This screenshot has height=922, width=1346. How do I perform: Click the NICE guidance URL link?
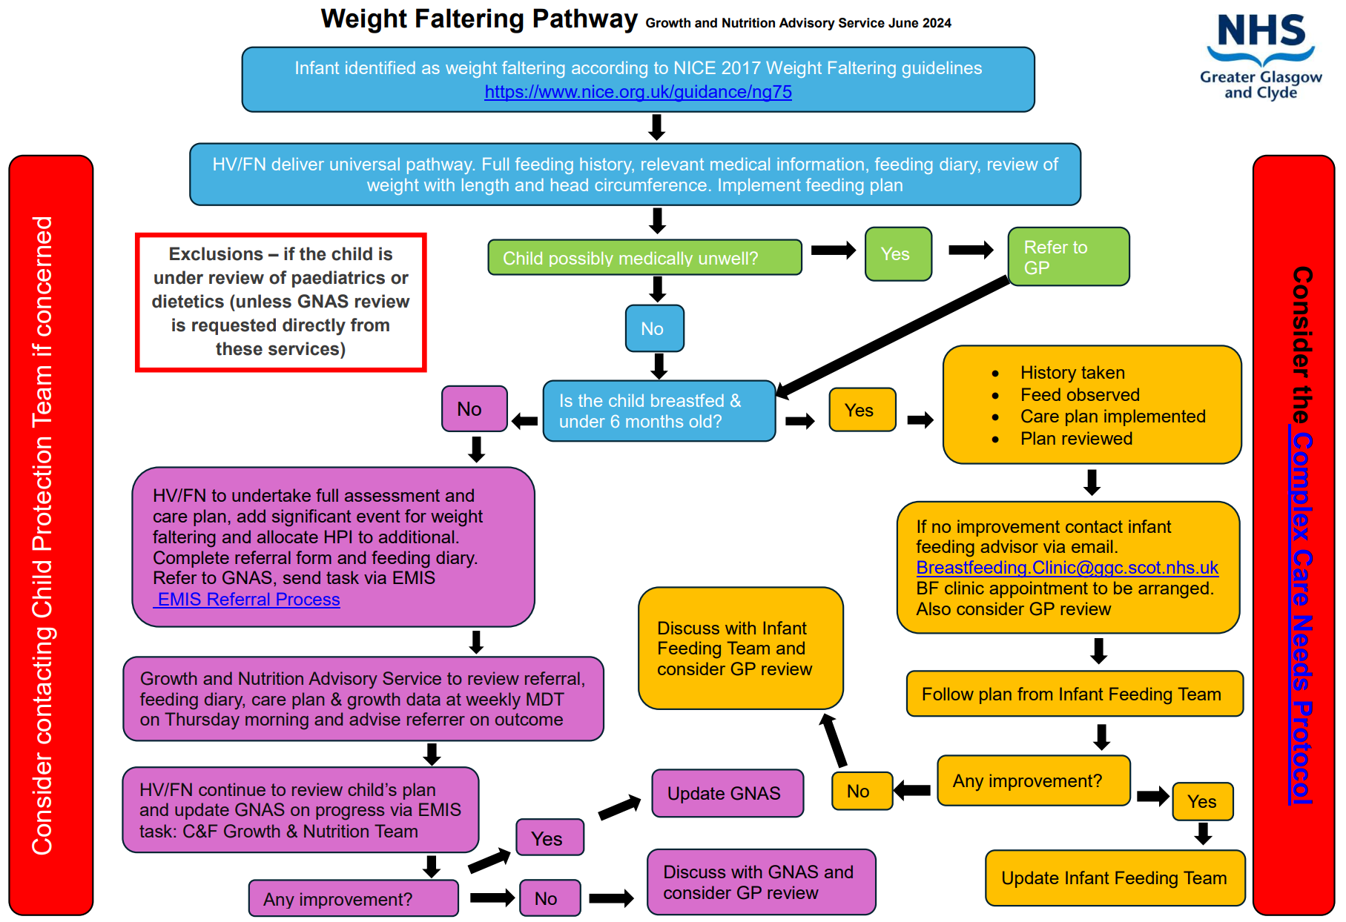638,92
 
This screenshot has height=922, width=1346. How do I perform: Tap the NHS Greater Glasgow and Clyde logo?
1261,56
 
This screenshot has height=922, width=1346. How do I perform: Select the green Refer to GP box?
1068,256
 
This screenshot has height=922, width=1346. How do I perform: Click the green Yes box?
897,254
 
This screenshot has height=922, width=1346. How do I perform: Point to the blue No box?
653,328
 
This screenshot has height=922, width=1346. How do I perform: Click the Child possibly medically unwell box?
644,258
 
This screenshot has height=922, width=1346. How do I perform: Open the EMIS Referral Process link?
248,600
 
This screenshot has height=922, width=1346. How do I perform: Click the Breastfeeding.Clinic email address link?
1066,568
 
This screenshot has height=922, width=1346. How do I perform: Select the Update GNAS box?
727,793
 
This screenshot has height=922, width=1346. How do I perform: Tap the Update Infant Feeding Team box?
1114,878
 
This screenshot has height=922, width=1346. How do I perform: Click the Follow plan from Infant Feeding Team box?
1073,694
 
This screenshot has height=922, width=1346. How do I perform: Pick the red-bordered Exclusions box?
280,302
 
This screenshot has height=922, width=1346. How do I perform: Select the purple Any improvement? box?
353,899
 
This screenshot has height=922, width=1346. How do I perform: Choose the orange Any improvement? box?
1032,781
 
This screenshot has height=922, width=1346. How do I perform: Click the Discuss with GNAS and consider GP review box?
760,882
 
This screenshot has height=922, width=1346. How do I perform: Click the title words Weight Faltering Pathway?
478,19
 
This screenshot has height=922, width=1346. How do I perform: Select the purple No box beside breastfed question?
474,409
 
